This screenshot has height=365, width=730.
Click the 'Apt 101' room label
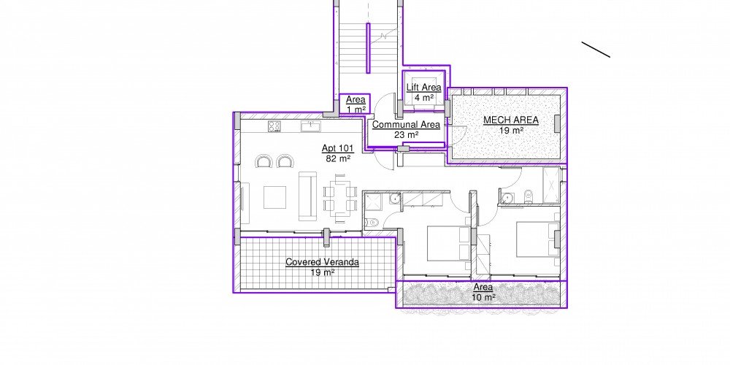[x=338, y=148]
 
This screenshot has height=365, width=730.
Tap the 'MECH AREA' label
[x=511, y=120]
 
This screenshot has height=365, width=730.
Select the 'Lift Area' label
[x=423, y=88]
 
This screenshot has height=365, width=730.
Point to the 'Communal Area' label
[x=406, y=125]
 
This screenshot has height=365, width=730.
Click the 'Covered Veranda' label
[x=322, y=262]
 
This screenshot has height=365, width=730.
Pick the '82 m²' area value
[x=338, y=158]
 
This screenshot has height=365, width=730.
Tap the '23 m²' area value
[x=406, y=134]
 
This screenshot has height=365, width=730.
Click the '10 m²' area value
[x=483, y=297]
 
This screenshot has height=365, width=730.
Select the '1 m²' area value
[x=356, y=109]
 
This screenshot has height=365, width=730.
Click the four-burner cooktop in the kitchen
[x=274, y=126]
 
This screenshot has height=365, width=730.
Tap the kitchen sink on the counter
[x=310, y=126]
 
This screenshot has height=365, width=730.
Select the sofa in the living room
[x=307, y=196]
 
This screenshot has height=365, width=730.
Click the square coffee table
[x=274, y=197]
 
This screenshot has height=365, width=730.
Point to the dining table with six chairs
[x=340, y=198]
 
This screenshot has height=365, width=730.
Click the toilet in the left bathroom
[x=372, y=223]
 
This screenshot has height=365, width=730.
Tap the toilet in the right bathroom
[x=528, y=197]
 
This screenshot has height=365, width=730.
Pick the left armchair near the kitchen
[x=264, y=161]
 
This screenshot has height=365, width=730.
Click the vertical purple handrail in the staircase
[x=368, y=48]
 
